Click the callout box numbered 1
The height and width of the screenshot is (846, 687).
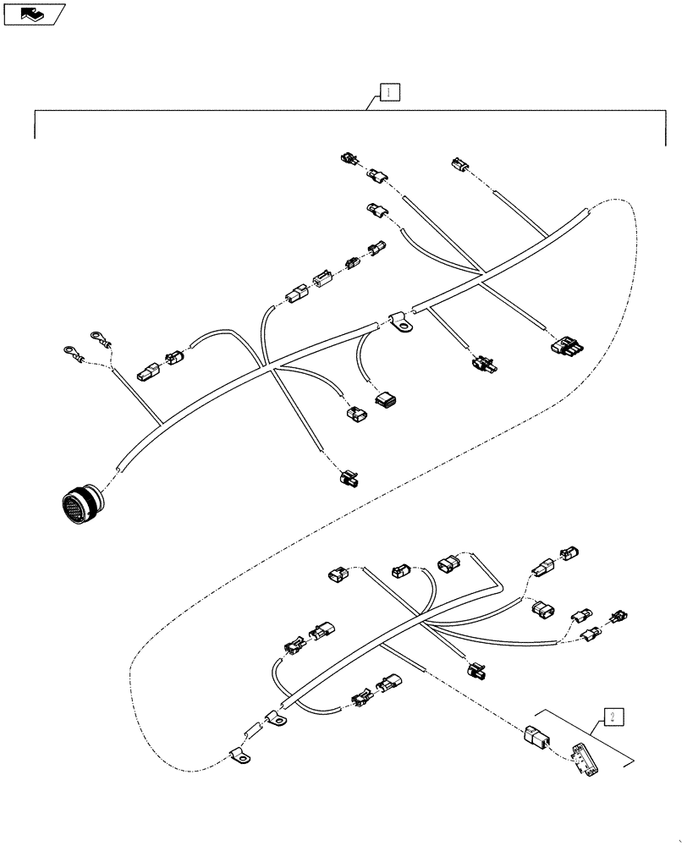click(x=387, y=92)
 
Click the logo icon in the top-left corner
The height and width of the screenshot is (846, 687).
click(x=34, y=13)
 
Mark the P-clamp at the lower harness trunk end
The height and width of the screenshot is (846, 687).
click(x=276, y=719)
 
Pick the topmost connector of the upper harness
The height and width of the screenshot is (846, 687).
click(x=349, y=157)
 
